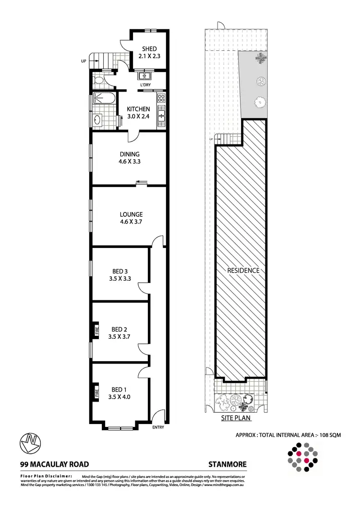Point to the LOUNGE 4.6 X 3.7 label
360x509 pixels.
coord(132,218)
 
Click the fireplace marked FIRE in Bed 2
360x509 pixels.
coord(96,330)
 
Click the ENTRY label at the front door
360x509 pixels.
coord(158,427)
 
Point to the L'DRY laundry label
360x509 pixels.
coord(145,86)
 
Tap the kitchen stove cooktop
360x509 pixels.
coord(161,99)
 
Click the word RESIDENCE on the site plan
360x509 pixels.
coord(243,271)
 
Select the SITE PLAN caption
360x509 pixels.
coord(236,418)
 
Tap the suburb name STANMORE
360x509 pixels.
coord(228,464)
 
